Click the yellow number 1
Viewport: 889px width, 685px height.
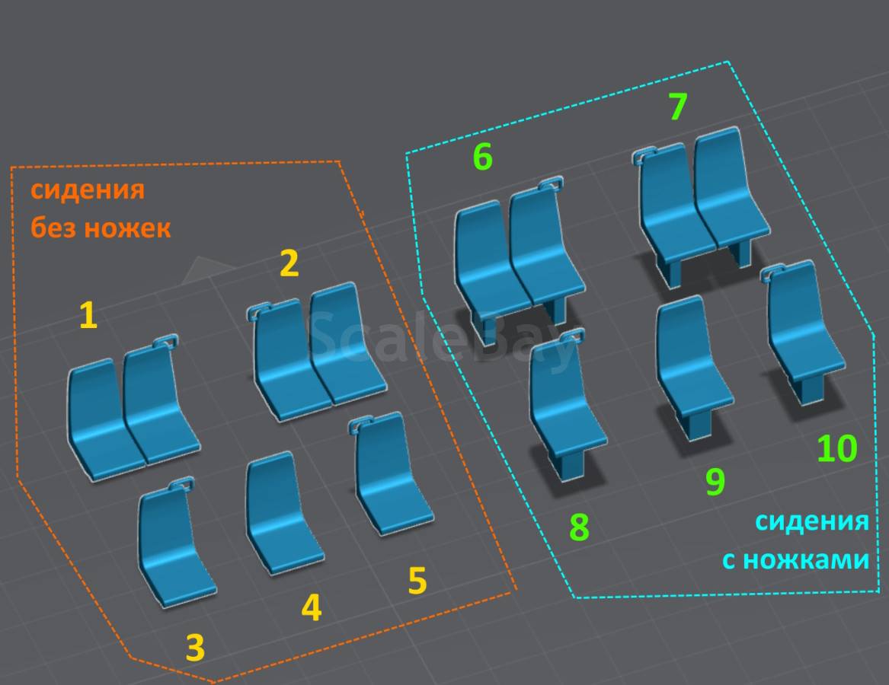click(x=88, y=315)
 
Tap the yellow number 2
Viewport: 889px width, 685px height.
click(x=289, y=263)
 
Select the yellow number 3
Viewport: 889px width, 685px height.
click(x=195, y=648)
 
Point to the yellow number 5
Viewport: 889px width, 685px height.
click(x=417, y=580)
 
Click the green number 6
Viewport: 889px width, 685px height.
click(x=482, y=156)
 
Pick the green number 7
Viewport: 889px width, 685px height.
click(x=678, y=106)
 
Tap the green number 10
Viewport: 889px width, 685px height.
click(x=837, y=448)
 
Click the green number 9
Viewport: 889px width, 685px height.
click(x=715, y=482)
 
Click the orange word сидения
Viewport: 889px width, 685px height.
click(x=88, y=190)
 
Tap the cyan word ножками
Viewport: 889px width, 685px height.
click(x=806, y=559)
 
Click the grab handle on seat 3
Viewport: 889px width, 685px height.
click(x=181, y=483)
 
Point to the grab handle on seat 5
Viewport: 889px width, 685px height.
click(x=360, y=422)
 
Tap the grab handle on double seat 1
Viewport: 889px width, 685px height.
click(x=165, y=340)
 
